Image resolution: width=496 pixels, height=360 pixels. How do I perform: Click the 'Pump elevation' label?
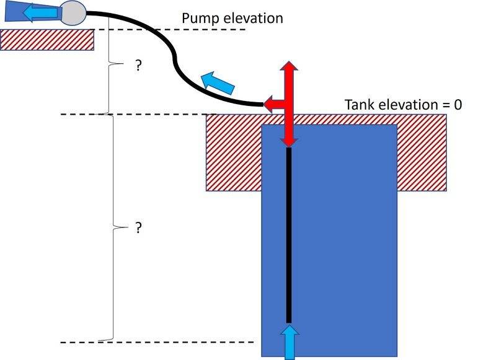coord(232,17)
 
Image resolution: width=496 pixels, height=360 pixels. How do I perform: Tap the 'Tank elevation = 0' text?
coord(403,104)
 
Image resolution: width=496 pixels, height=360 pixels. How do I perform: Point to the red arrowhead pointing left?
coord(270,104)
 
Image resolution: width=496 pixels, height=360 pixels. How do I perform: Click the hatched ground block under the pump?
coord(46,40)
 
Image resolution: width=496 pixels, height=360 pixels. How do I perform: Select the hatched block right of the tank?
coord(422,152)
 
